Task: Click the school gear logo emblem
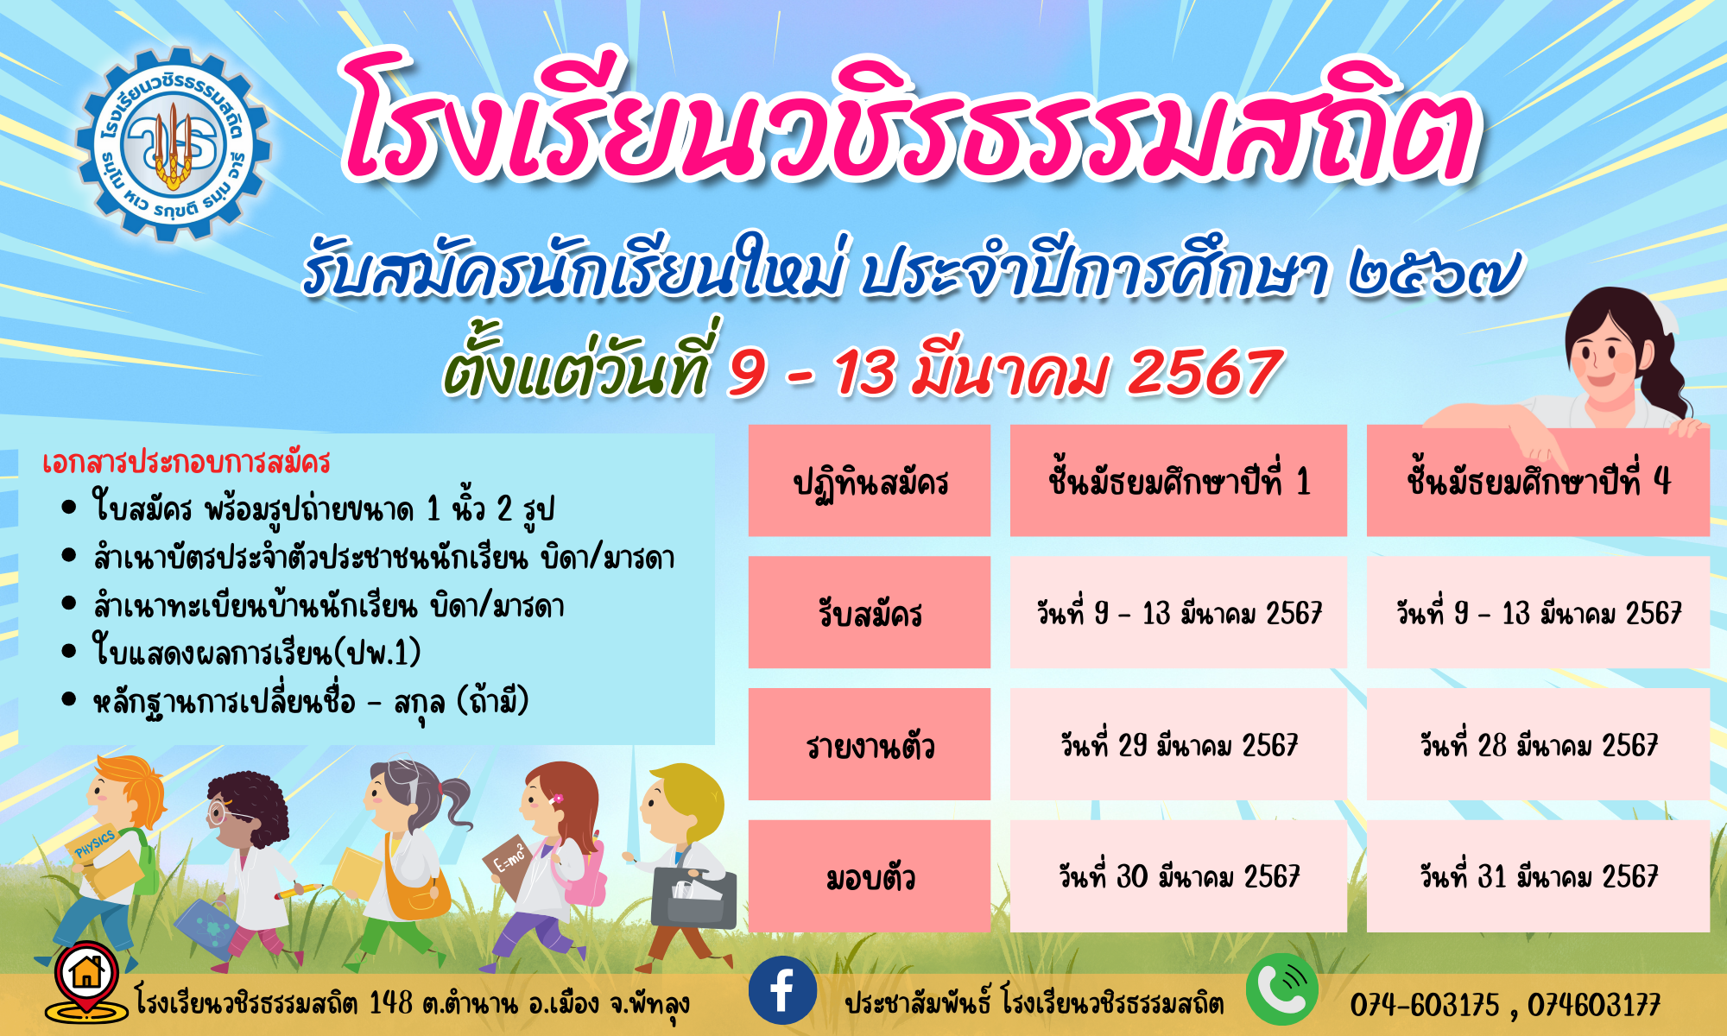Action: (x=174, y=143)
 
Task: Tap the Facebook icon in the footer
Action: (x=782, y=990)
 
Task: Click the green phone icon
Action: (x=1282, y=989)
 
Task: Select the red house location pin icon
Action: (x=85, y=981)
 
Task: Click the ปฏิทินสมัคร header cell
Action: (x=870, y=481)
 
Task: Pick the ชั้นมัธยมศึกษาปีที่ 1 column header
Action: (x=1179, y=481)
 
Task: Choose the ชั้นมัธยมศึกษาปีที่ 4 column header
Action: (x=1538, y=481)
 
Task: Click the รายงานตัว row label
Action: (x=870, y=744)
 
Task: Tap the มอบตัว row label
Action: (x=870, y=876)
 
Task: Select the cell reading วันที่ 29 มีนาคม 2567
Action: (x=1179, y=744)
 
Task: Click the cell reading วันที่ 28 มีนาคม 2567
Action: (x=1538, y=744)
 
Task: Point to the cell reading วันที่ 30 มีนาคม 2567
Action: (x=1179, y=876)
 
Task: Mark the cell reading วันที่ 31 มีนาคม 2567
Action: (x=1538, y=876)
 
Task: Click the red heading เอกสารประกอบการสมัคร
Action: (x=187, y=463)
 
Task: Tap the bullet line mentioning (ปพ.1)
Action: (x=256, y=652)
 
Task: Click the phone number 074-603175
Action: (x=1424, y=1005)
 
